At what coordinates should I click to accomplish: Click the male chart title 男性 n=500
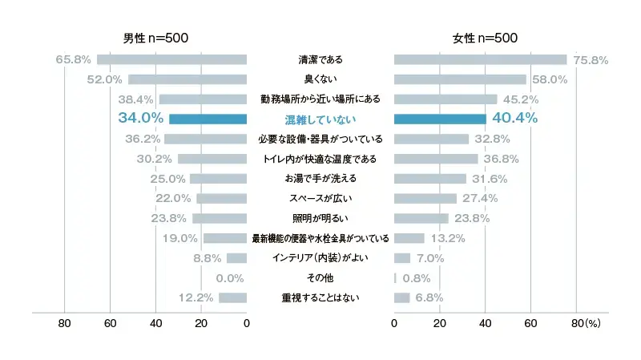156,38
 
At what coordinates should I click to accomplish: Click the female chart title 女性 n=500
485,38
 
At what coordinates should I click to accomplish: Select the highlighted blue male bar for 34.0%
208,119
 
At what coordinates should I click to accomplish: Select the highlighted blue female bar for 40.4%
440,119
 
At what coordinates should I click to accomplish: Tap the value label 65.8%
74,59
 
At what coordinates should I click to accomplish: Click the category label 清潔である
320,59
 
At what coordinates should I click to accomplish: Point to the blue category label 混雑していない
320,119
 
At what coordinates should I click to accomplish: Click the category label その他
320,278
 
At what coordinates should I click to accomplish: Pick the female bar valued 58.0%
460,79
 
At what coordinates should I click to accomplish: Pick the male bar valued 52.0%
187,79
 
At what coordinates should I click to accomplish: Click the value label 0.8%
416,278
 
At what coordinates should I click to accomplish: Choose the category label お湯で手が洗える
320,179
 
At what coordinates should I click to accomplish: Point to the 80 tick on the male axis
65,323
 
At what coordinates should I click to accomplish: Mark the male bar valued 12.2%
232,298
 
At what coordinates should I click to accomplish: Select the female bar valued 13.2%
409,238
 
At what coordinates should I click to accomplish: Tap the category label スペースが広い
320,199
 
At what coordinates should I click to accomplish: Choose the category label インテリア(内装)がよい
320,258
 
